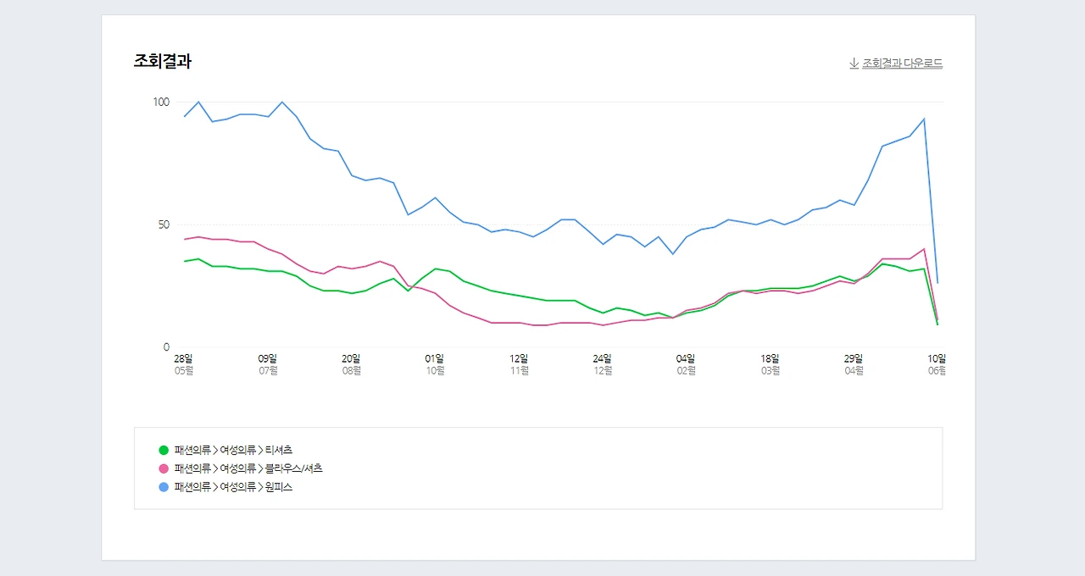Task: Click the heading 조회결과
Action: pyautogui.click(x=162, y=61)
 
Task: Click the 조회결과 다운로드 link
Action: pyautogui.click(x=902, y=64)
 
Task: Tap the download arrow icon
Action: pyautogui.click(x=854, y=64)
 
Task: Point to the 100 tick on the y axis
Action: pyautogui.click(x=161, y=102)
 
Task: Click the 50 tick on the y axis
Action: pyautogui.click(x=163, y=224)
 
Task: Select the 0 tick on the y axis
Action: pyautogui.click(x=166, y=347)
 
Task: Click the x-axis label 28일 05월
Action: pyautogui.click(x=184, y=364)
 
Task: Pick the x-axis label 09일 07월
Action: pyautogui.click(x=268, y=364)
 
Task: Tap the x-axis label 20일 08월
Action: pyautogui.click(x=352, y=364)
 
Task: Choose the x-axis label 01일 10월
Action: pyautogui.click(x=435, y=364)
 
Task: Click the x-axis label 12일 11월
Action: pyautogui.click(x=519, y=364)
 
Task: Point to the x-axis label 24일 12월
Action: pyautogui.click(x=603, y=364)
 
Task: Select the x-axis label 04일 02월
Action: pyautogui.click(x=686, y=364)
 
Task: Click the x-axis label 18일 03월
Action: pyautogui.click(x=770, y=364)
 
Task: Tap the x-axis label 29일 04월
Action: pyautogui.click(x=854, y=364)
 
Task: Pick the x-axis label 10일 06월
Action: pyautogui.click(x=936, y=364)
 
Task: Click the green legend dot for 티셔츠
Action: pyautogui.click(x=164, y=450)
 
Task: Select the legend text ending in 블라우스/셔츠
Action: pyautogui.click(x=248, y=468)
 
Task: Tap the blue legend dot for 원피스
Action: pyautogui.click(x=164, y=487)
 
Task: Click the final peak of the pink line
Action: pyautogui.click(x=923, y=249)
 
